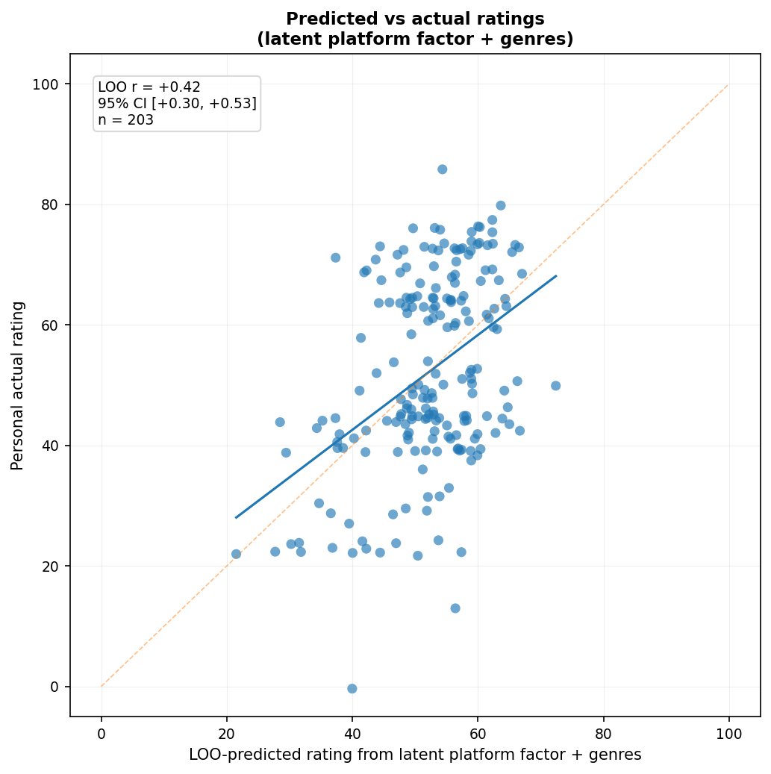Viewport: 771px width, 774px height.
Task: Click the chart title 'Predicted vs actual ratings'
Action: click(x=415, y=19)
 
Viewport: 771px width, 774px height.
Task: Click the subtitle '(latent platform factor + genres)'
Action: click(x=415, y=39)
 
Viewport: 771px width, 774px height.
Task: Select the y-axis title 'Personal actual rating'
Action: click(x=17, y=386)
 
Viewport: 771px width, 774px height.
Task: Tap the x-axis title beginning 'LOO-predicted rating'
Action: click(x=415, y=755)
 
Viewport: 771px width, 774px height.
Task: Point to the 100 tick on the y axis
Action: click(x=46, y=84)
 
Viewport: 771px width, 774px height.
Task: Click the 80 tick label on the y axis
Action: click(x=50, y=205)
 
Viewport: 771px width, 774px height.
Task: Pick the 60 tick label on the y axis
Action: click(x=50, y=325)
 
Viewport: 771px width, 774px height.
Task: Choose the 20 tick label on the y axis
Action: click(x=50, y=567)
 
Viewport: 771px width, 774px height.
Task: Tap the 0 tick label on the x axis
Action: click(x=102, y=734)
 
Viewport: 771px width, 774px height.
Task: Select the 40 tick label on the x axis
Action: click(x=352, y=734)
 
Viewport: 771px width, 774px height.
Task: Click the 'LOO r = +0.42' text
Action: click(x=149, y=87)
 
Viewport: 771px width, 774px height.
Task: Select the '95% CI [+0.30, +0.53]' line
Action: click(x=177, y=103)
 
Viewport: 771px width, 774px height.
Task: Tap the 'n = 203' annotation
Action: click(x=126, y=119)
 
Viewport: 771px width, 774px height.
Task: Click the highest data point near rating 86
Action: click(x=443, y=169)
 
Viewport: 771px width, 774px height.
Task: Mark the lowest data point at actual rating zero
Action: click(x=352, y=689)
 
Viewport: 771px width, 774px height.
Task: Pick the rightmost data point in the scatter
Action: click(x=556, y=386)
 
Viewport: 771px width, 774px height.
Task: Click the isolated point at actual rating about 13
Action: click(x=455, y=608)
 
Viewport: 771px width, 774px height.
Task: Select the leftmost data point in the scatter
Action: click(x=236, y=554)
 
